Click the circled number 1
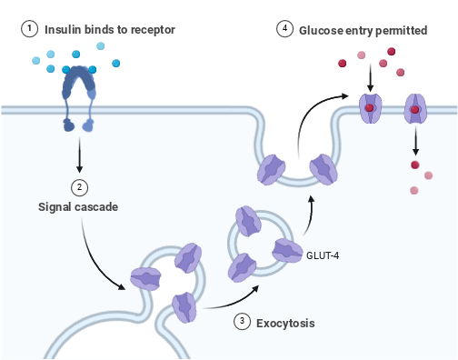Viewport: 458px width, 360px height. [x=30, y=29]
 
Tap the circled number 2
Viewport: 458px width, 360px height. [x=80, y=187]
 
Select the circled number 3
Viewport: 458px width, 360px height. [x=242, y=321]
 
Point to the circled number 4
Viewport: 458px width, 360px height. [x=286, y=30]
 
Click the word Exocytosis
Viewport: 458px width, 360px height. [x=286, y=322]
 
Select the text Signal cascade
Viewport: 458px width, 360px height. [x=78, y=206]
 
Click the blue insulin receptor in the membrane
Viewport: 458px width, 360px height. [x=80, y=95]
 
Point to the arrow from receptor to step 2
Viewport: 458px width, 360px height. [x=80, y=156]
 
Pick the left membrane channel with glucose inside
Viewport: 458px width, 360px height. [x=370, y=108]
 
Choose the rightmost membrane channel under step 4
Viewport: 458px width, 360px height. [x=414, y=108]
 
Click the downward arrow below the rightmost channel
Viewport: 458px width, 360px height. [x=414, y=141]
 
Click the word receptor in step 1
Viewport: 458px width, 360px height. [x=153, y=30]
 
